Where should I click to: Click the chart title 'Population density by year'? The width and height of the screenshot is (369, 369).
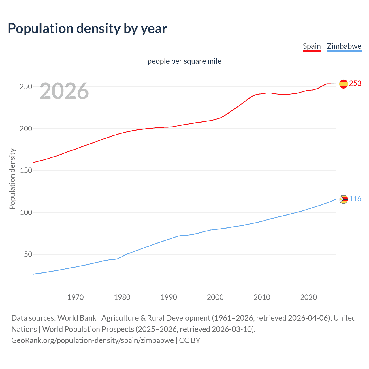[87, 29]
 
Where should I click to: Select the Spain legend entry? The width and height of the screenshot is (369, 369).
[312, 46]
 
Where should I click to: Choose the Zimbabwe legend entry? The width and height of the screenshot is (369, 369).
[344, 46]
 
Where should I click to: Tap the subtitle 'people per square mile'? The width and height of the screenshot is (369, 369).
[184, 61]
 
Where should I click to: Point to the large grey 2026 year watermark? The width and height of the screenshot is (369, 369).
[64, 91]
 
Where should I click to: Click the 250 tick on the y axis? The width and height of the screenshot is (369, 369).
[26, 86]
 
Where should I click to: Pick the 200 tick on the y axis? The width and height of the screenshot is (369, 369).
[26, 129]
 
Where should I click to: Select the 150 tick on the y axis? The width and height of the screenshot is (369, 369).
[26, 170]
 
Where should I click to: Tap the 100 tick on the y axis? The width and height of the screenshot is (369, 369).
[26, 212]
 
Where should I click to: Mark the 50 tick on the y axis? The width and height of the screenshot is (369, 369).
[28, 254]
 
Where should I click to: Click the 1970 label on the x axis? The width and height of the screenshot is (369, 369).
[76, 297]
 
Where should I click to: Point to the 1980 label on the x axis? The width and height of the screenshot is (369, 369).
[122, 297]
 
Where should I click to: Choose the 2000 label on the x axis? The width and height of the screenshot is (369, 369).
[215, 297]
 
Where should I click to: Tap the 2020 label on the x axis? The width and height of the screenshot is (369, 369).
[308, 297]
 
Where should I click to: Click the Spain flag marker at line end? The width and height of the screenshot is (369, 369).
[343, 84]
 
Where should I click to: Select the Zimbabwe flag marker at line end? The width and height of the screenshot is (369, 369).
[344, 199]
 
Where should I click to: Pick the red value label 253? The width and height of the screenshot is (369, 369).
[355, 83]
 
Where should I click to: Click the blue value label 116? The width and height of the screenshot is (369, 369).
[355, 199]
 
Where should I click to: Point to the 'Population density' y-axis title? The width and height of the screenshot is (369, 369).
[12, 179]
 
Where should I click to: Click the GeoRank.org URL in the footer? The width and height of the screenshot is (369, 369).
[92, 340]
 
